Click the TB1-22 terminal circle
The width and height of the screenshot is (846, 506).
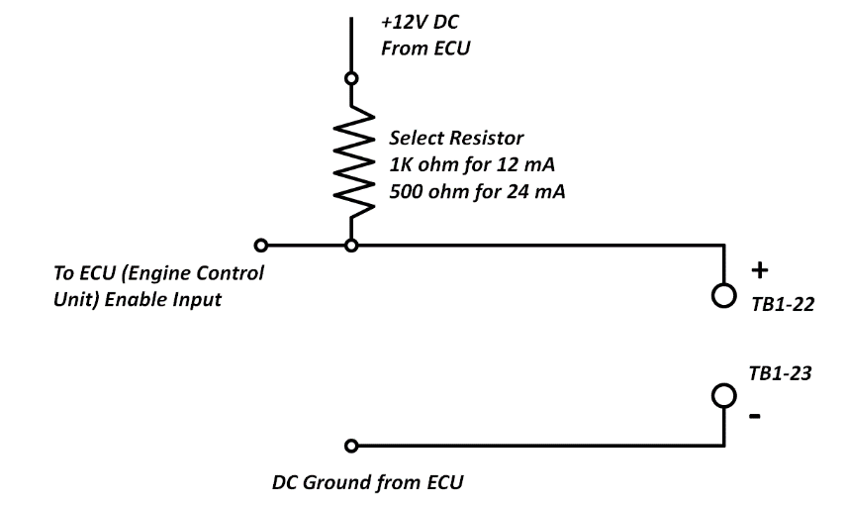click(724, 295)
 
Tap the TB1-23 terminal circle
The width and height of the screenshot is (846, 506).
click(724, 395)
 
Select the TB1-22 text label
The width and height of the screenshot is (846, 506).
click(782, 306)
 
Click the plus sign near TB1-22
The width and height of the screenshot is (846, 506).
click(758, 270)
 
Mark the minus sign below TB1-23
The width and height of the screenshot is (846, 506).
click(756, 416)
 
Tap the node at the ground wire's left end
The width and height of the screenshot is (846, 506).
click(349, 446)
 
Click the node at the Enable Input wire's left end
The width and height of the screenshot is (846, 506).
click(260, 244)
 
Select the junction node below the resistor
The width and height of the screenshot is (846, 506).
click(349, 244)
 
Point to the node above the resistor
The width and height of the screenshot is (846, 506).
click(349, 77)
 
